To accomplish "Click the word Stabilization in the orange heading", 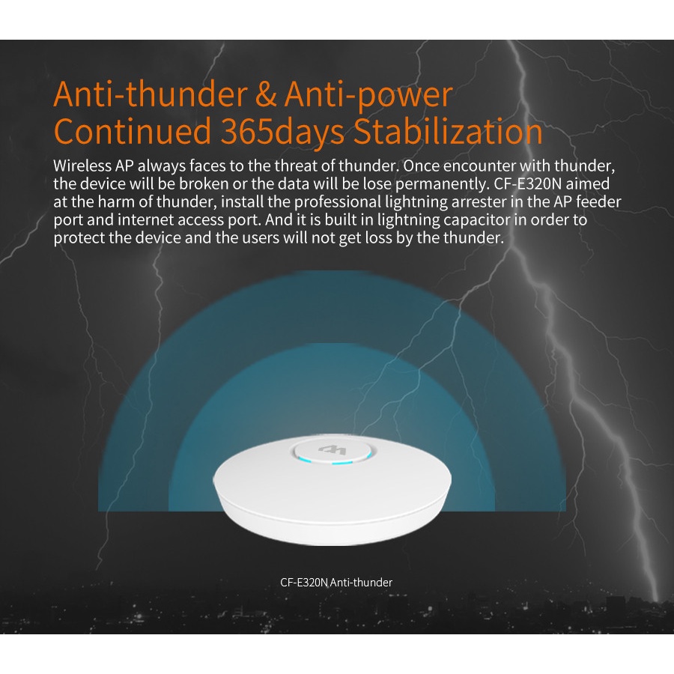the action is [x=449, y=131].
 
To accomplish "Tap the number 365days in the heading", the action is [x=282, y=132].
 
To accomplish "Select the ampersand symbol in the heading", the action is [x=266, y=94].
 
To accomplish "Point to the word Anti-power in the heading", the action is [x=368, y=95].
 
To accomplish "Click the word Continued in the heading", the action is [x=133, y=131].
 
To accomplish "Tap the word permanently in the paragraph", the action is [x=442, y=184].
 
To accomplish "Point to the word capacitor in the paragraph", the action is [x=476, y=220].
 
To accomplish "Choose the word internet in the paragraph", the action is [x=145, y=220].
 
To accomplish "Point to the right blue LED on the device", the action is [x=341, y=464].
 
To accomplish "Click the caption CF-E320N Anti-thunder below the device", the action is [x=336, y=583].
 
